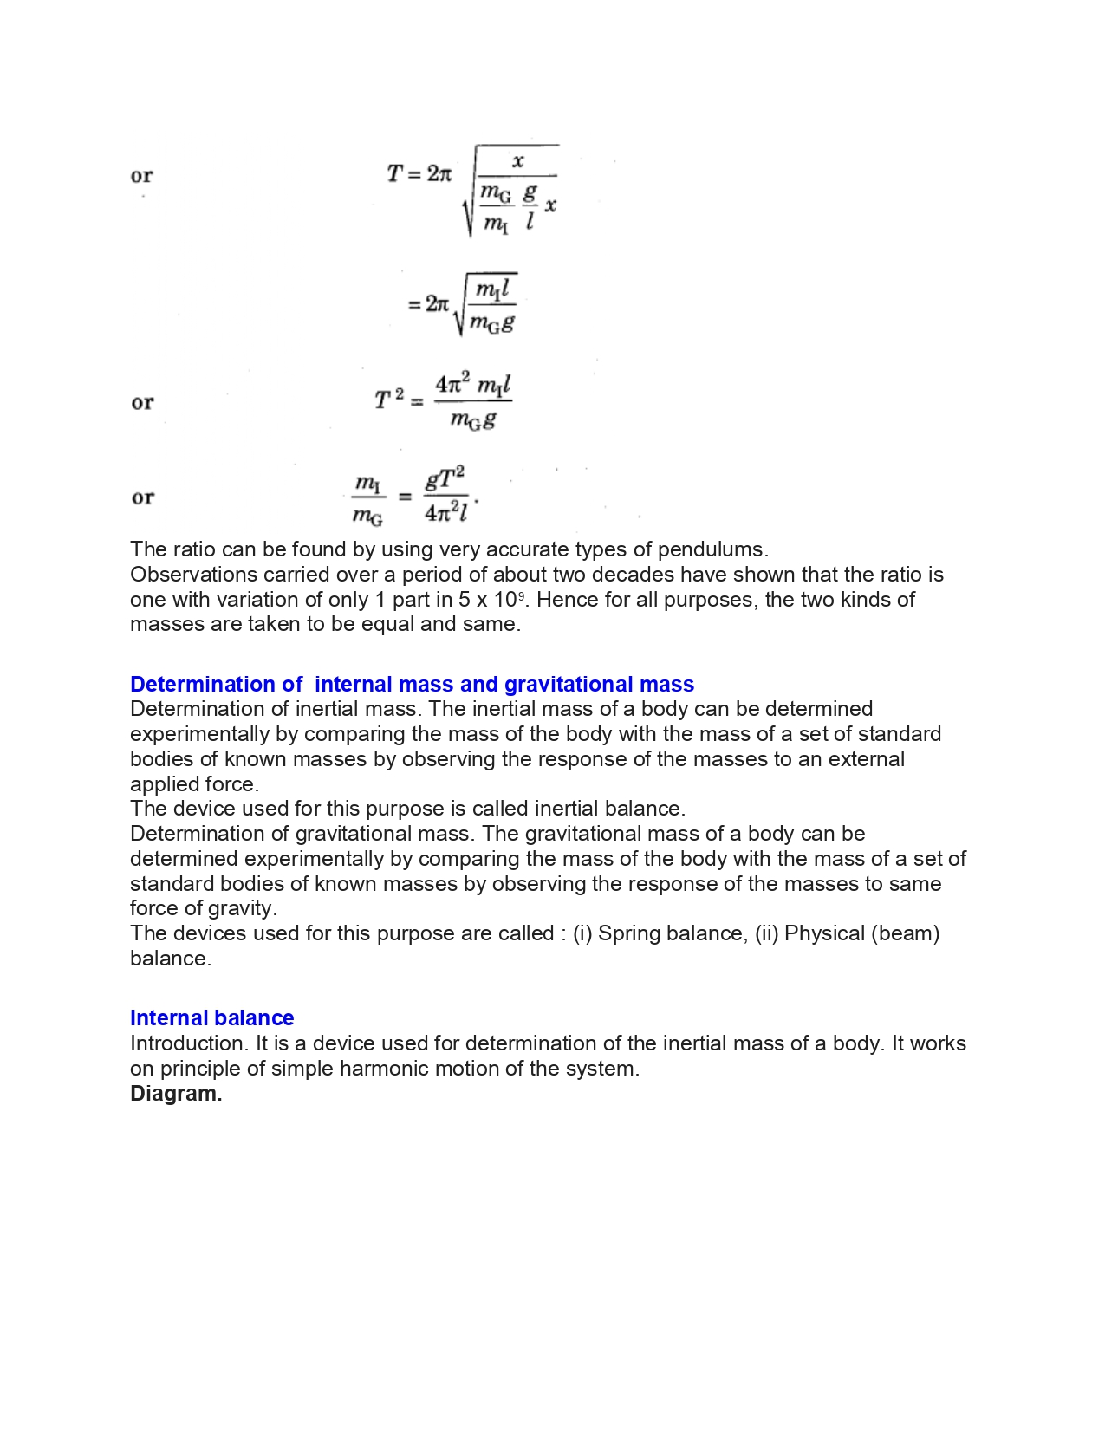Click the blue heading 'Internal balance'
tap(211, 1017)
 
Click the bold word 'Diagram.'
tap(176, 1094)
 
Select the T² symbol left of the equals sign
tap(388, 400)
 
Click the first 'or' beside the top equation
tap(142, 176)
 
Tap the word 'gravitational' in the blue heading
tap(569, 685)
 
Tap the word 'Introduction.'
tap(189, 1043)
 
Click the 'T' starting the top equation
tap(394, 174)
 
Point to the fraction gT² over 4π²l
tap(445, 495)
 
